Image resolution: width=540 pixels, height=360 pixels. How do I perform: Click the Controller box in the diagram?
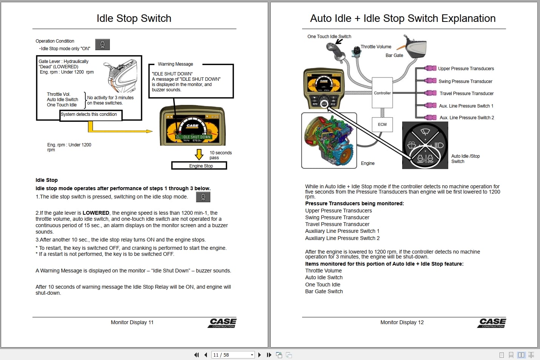382,93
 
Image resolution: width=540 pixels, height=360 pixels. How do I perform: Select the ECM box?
382,125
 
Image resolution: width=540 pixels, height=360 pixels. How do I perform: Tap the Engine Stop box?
199,166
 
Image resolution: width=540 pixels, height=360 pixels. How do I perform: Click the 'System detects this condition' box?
91,115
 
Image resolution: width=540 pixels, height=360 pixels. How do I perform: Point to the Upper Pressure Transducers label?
466,69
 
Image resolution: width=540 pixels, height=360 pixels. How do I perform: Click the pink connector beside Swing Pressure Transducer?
430,81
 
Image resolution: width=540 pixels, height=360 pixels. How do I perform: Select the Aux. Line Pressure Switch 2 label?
466,118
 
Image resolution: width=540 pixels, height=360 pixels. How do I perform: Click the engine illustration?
329,141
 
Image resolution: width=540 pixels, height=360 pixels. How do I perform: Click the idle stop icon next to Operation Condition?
102,45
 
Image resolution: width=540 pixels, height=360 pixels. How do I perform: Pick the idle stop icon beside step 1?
203,197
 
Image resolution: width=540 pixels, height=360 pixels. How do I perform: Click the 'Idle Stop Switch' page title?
134,18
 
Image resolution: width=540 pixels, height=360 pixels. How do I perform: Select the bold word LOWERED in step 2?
96,213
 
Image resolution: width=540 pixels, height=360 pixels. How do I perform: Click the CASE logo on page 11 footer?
222,323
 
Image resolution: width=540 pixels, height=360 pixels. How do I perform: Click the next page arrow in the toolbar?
259,355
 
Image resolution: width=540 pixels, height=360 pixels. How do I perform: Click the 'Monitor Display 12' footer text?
402,322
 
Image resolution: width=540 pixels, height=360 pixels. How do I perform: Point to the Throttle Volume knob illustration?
356,51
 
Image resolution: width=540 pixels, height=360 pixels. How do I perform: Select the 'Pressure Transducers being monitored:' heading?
354,203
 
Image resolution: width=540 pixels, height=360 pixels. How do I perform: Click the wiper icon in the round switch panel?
425,132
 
